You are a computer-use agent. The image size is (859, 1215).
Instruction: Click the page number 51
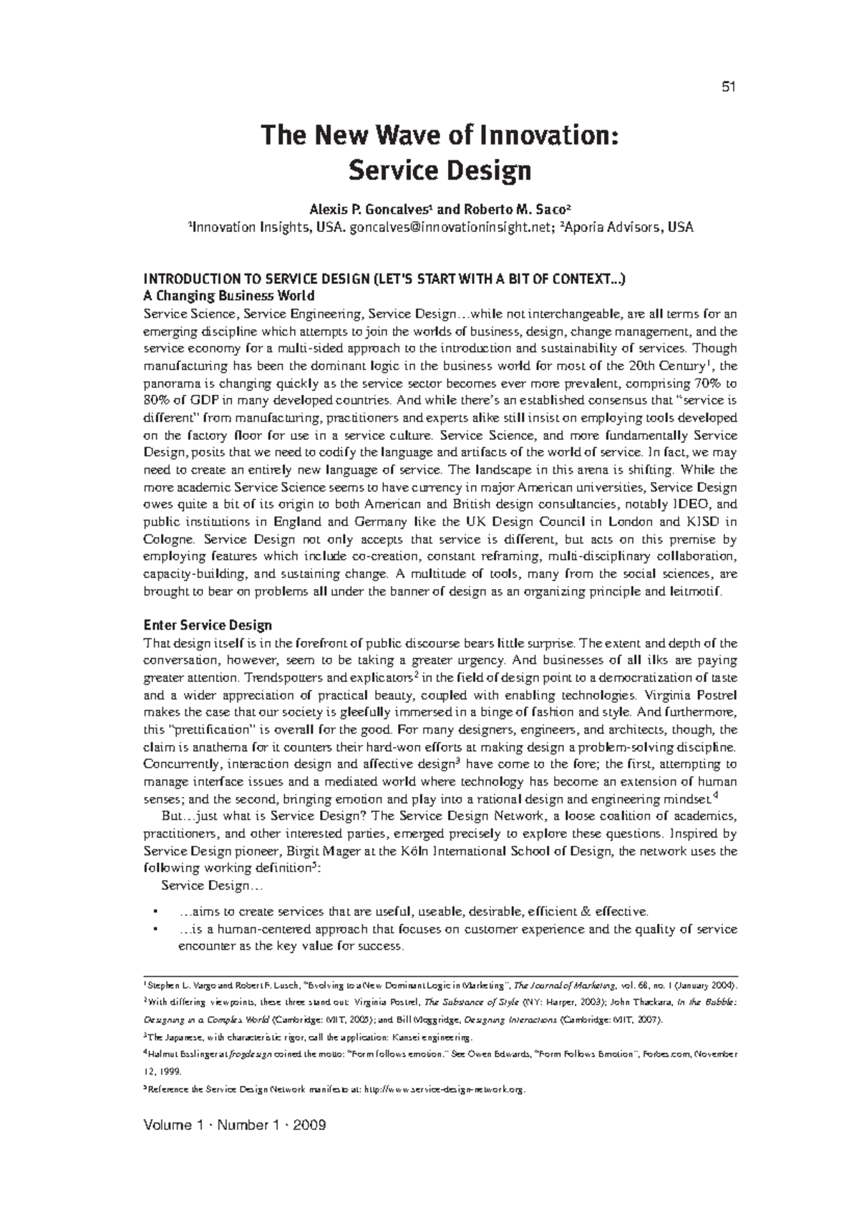(729, 87)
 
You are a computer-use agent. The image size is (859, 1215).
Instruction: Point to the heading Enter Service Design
(208, 625)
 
